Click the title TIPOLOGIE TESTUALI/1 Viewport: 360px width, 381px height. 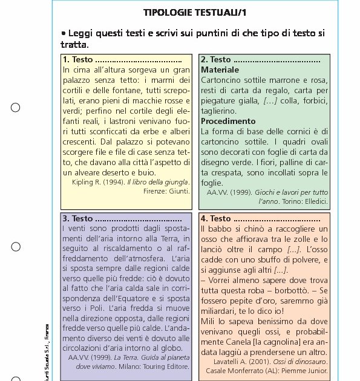click(195, 12)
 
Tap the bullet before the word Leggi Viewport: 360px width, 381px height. click(63, 34)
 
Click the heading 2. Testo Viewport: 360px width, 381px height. click(216, 59)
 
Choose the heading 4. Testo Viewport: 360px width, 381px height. click(216, 218)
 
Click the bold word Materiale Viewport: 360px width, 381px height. click(220, 70)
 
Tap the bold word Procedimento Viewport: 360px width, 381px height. click(228, 121)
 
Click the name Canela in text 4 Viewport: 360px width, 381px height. click(235, 342)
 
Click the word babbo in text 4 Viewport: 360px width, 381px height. click(219, 229)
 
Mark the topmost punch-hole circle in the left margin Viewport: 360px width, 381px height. click(16, 108)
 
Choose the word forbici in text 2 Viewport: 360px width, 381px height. click(309, 100)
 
